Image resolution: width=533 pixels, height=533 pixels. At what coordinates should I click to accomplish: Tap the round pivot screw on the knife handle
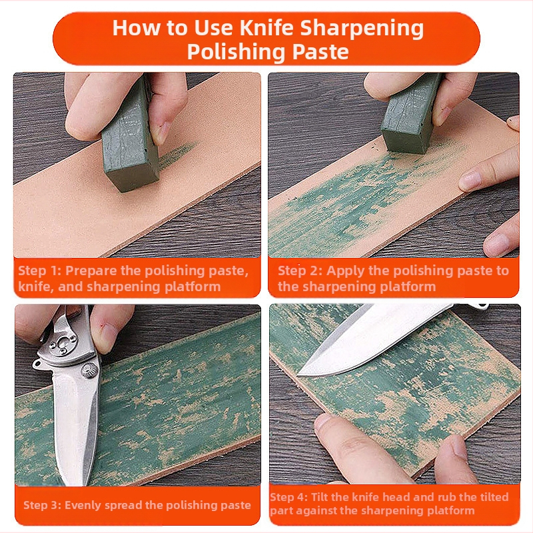90,370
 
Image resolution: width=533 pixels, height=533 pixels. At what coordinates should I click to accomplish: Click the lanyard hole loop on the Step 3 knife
37,364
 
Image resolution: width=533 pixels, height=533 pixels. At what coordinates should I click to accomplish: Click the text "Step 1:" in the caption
39,270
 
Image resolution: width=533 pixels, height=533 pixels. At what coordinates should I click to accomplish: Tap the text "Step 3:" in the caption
42,505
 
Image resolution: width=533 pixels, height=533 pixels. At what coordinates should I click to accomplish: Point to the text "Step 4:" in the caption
289,497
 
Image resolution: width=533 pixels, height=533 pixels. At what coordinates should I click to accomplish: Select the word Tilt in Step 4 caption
320,497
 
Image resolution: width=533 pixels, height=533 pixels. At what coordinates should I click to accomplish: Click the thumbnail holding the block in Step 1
165,130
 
